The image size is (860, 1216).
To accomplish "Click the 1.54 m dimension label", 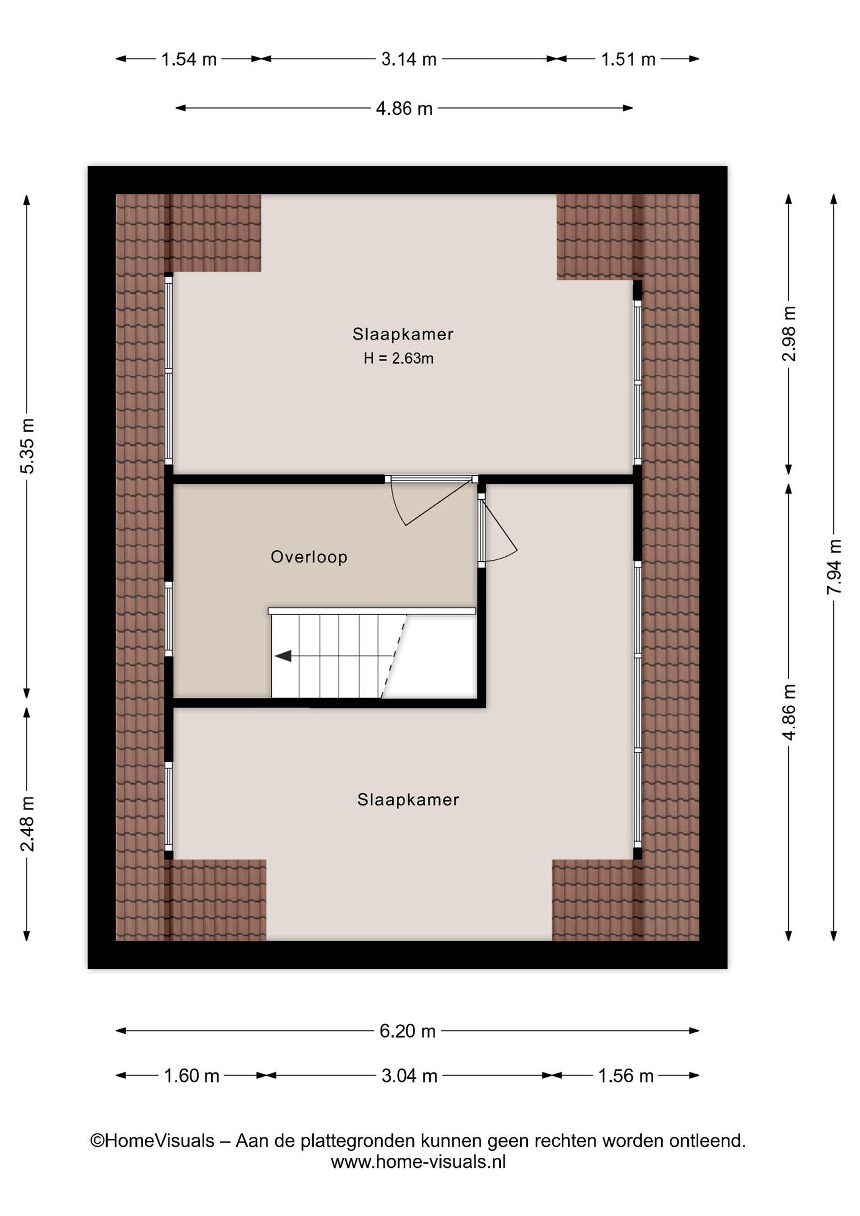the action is [189, 59].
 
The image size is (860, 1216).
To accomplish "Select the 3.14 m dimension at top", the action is [408, 59].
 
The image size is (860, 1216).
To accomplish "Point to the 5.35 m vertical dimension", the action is [27, 445].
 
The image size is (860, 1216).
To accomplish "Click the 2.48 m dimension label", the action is [27, 824].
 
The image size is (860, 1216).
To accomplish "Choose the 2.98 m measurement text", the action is [789, 334].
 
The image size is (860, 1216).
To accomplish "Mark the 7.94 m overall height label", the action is [834, 567].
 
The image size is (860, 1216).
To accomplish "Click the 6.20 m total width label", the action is [407, 1031].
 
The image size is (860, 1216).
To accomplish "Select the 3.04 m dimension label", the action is [410, 1076].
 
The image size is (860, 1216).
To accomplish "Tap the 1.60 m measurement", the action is [191, 1076].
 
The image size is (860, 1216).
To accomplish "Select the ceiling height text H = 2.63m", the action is [398, 358].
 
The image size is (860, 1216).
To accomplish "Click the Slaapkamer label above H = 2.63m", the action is [403, 334].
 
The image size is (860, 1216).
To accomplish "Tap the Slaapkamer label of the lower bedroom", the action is [408, 799].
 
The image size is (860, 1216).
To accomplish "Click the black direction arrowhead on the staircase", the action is [283, 656].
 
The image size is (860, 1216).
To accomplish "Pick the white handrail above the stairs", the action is [372, 611].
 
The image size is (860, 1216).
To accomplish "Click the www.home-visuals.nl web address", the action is [418, 1162].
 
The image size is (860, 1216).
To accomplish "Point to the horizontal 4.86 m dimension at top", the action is [404, 109].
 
